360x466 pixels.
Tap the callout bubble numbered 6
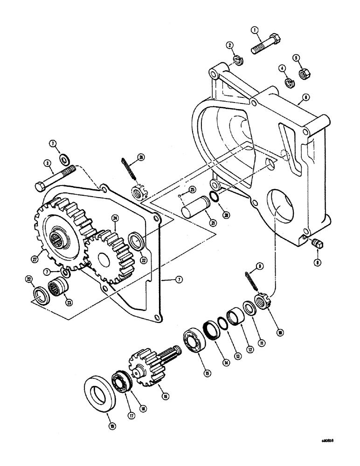click(305, 98)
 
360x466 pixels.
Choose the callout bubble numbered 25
click(191, 190)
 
